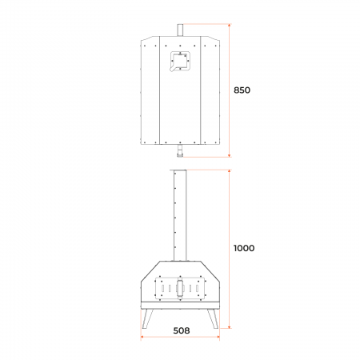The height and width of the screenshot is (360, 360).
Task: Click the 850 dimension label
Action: tap(242, 90)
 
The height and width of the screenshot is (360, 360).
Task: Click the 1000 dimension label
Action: tap(244, 248)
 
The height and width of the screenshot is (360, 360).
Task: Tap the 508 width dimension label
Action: tap(182, 330)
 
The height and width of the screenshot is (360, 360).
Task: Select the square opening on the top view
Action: tap(180, 62)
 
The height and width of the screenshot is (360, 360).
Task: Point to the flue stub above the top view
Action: tap(180, 30)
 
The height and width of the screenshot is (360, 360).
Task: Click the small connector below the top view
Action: tap(180, 150)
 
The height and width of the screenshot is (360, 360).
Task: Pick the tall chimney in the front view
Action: tap(180, 215)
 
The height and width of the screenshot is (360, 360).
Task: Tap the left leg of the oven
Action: tap(147, 318)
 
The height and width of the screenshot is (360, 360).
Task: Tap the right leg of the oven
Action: tap(213, 318)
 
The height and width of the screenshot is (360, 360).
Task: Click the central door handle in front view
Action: tap(180, 289)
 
